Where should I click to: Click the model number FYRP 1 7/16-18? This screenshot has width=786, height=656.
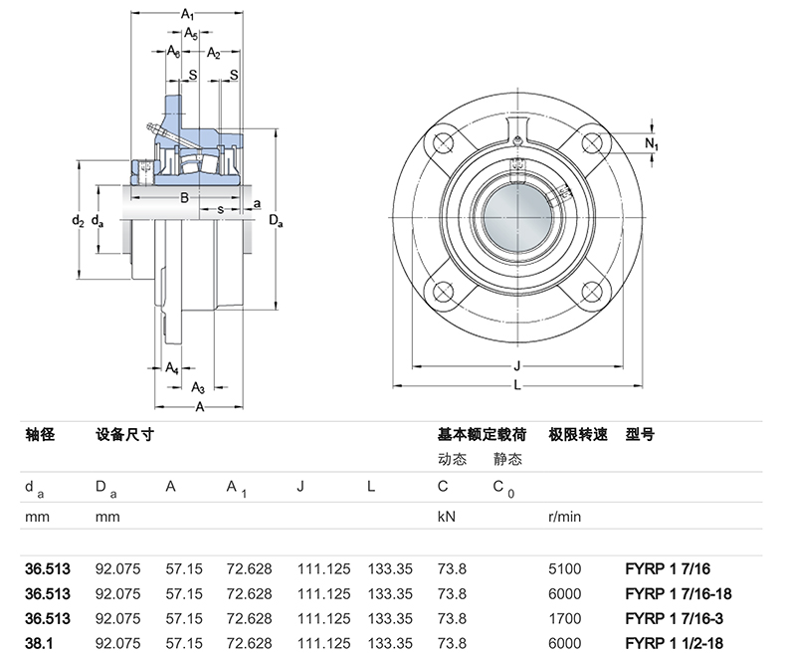[678, 593]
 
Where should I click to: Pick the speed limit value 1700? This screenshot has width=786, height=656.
[564, 618]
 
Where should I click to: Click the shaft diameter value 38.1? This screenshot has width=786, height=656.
[39, 643]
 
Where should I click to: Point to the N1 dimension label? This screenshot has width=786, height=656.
[651, 145]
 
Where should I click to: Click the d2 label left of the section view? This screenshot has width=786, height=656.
[78, 220]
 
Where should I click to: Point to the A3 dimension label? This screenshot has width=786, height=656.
[197, 387]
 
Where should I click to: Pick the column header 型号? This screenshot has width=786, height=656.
[640, 435]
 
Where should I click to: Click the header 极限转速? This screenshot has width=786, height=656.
[577, 435]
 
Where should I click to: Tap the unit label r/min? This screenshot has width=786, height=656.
[564, 518]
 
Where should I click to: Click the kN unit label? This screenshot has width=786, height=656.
[447, 518]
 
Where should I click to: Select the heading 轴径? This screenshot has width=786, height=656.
[39, 435]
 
